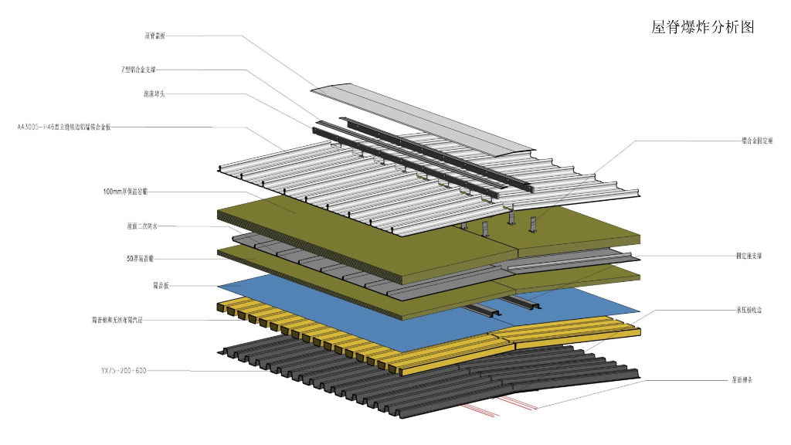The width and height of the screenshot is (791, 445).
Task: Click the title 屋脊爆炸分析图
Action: point(702,28)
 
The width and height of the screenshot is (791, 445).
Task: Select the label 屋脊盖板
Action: point(154,36)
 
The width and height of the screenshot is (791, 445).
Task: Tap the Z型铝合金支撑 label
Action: point(143,70)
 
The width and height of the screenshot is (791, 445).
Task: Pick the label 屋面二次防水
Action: point(142,226)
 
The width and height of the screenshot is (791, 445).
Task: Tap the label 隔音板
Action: point(161,286)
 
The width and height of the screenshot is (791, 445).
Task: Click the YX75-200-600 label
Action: point(124,371)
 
